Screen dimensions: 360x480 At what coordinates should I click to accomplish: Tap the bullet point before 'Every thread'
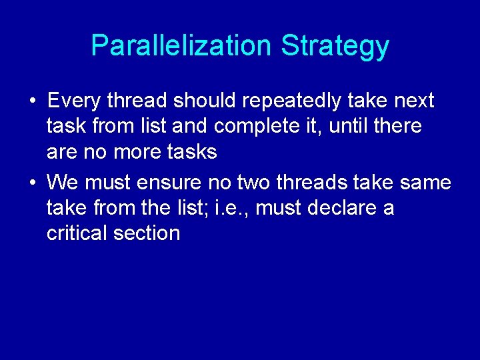33,102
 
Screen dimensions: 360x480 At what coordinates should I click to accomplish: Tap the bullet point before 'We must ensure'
33,183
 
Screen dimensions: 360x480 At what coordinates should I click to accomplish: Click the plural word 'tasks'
193,152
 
